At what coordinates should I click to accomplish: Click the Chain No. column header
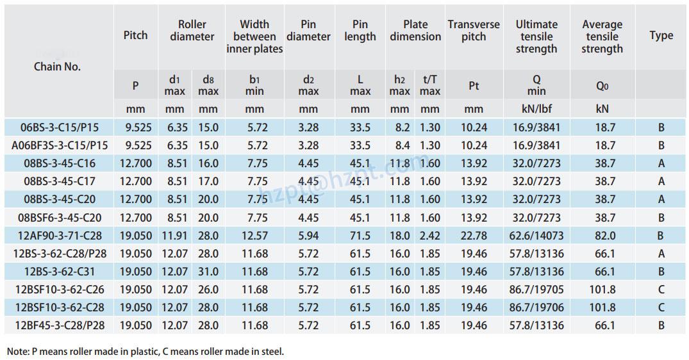pyautogui.click(x=58, y=66)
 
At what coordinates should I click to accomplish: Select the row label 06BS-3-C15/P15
pyautogui.click(x=59, y=127)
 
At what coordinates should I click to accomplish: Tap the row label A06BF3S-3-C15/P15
pyautogui.click(x=59, y=145)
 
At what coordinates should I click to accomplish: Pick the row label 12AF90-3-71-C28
pyautogui.click(x=59, y=236)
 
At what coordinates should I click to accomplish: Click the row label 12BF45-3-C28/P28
pyautogui.click(x=59, y=325)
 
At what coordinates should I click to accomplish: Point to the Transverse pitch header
pyautogui.click(x=474, y=30)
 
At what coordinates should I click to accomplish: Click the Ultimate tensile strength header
pyautogui.click(x=536, y=36)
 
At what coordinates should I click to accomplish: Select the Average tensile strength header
pyautogui.click(x=602, y=36)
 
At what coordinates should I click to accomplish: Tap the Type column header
pyautogui.click(x=661, y=35)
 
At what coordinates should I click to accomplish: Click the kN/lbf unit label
pyautogui.click(x=536, y=109)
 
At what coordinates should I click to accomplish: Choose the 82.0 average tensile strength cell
pyautogui.click(x=602, y=236)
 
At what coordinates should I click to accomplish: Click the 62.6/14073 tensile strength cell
pyautogui.click(x=536, y=236)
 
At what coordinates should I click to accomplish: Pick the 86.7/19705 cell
pyautogui.click(x=536, y=290)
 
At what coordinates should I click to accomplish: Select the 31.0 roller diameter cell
pyautogui.click(x=208, y=272)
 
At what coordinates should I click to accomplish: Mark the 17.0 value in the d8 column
pyautogui.click(x=208, y=181)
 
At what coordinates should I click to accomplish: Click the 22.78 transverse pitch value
pyautogui.click(x=474, y=236)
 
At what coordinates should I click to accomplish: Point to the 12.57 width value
pyautogui.click(x=254, y=236)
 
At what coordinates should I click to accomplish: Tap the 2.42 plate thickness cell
pyautogui.click(x=429, y=236)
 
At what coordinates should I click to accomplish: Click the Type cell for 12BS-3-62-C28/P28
pyautogui.click(x=661, y=254)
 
